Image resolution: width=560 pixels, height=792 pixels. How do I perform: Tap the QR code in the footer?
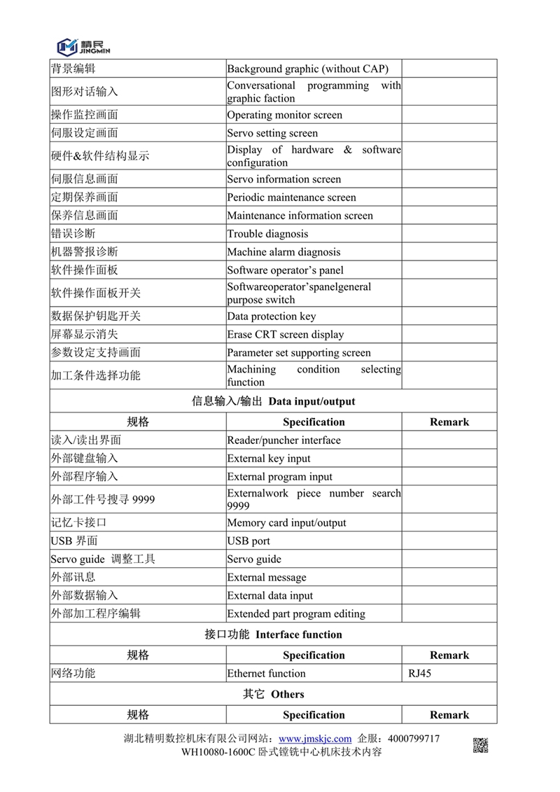[480, 745]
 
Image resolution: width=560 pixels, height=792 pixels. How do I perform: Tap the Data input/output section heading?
[274, 401]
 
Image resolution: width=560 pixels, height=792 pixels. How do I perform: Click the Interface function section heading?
[274, 634]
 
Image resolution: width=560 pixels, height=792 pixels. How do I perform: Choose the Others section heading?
[274, 694]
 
